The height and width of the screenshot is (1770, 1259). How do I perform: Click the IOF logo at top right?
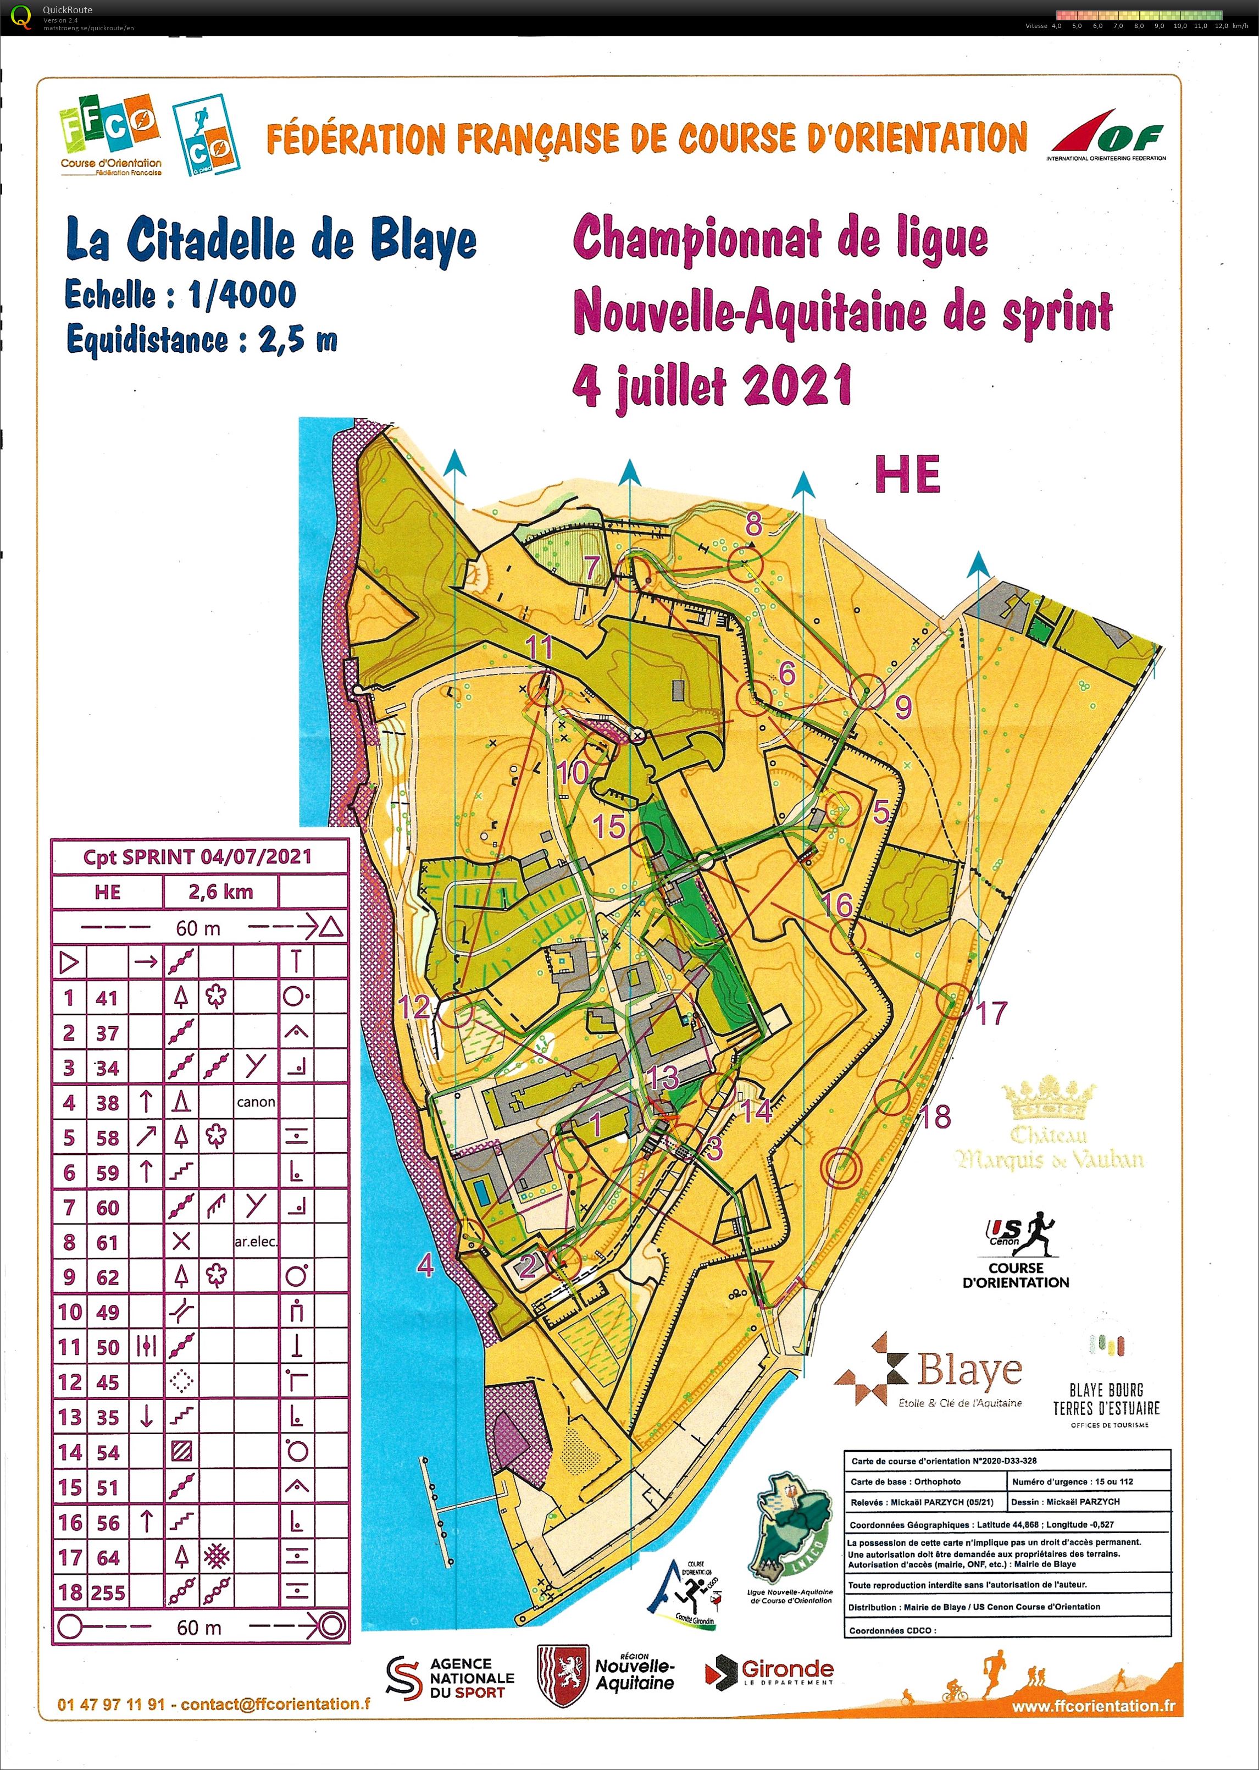click(x=1107, y=136)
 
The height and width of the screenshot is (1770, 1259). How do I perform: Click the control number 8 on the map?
click(x=753, y=526)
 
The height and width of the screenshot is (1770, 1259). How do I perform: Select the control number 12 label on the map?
click(x=413, y=1007)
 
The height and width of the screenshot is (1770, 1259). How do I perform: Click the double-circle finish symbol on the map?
click(x=841, y=1166)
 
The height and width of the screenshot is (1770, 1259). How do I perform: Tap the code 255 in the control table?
click(x=107, y=1593)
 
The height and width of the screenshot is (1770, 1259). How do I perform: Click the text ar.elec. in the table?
click(x=256, y=1242)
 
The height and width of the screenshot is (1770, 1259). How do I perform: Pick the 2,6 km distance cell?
click(x=221, y=892)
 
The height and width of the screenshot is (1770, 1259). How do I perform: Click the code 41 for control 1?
click(x=107, y=998)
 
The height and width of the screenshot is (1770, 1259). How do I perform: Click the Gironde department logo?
click(x=770, y=1672)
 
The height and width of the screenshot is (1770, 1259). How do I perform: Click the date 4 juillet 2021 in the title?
click(x=712, y=385)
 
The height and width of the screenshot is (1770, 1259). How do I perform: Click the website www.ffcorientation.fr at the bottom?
click(x=1093, y=1706)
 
